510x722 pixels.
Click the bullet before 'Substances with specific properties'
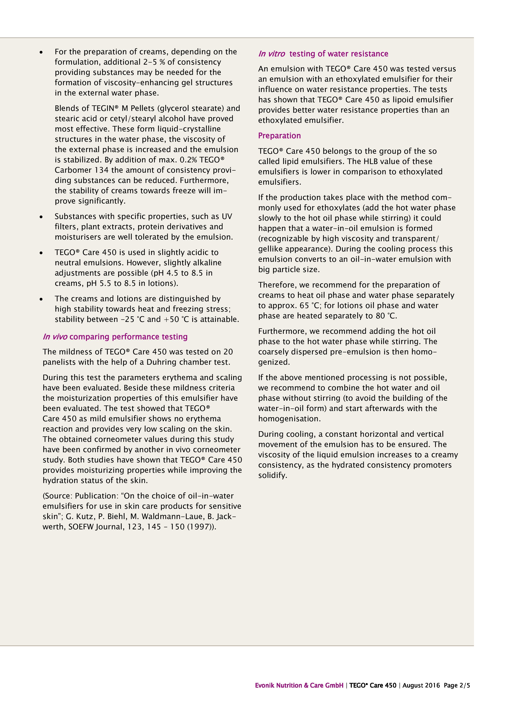[41, 217]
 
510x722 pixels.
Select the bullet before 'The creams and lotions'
[41, 299]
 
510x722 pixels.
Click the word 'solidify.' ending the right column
[272, 475]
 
